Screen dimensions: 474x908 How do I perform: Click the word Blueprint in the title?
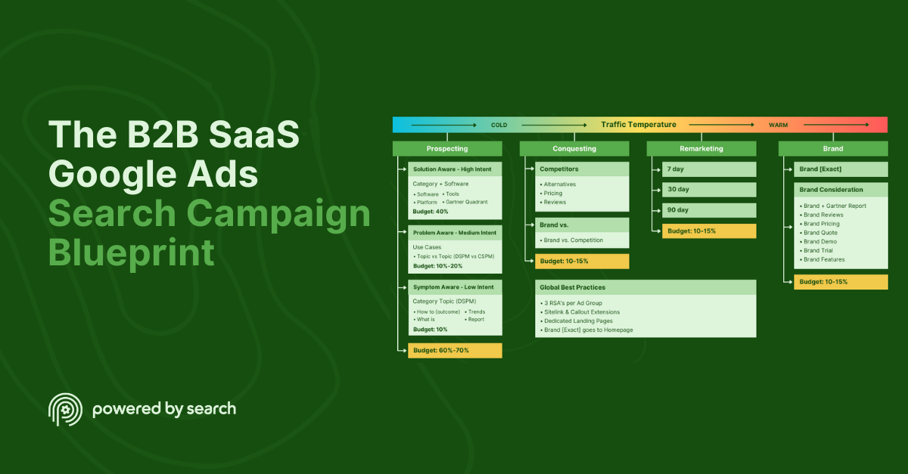(132, 253)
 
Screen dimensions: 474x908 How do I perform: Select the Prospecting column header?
(446, 149)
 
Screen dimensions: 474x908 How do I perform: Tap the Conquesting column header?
(574, 149)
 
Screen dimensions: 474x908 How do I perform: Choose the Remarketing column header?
(701, 149)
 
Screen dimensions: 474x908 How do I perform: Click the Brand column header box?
(833, 149)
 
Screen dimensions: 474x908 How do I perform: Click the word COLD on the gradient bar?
(499, 125)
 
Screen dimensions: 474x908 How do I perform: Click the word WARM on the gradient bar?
(778, 125)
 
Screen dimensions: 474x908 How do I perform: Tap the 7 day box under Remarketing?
(709, 169)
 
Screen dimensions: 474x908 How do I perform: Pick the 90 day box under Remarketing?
(709, 210)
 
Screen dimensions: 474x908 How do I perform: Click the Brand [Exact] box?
(841, 169)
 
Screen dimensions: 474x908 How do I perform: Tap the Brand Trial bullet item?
(818, 250)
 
